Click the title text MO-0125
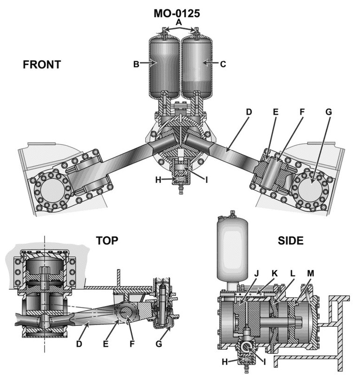pos(177,13)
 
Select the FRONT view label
pos(42,65)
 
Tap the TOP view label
pos(107,241)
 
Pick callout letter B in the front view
pos(136,64)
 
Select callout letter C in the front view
pos(222,64)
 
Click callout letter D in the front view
pos(249,112)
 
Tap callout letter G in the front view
pos(329,112)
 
